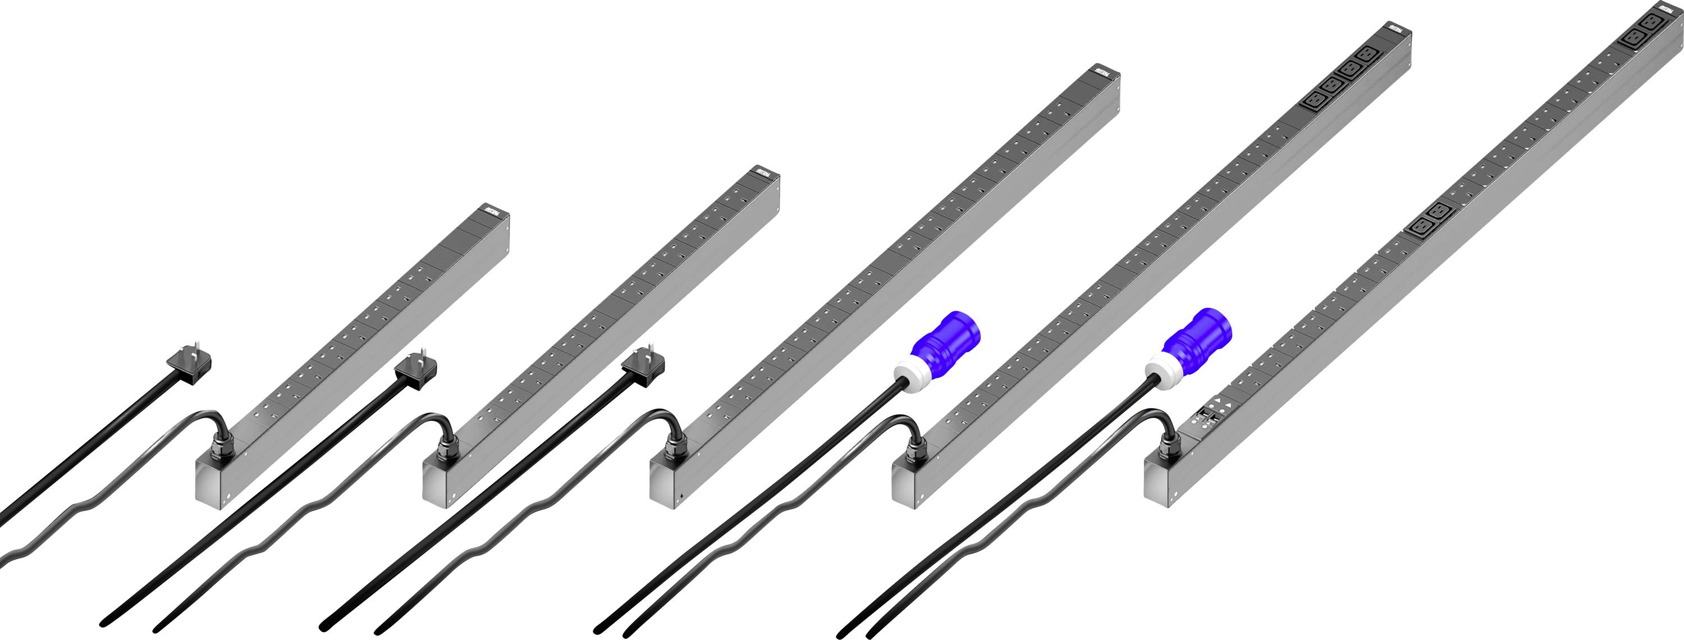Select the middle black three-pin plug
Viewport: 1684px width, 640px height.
point(417,371)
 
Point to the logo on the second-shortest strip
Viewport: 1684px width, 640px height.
point(766,171)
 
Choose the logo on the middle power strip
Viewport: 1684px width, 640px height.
point(1105,71)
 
